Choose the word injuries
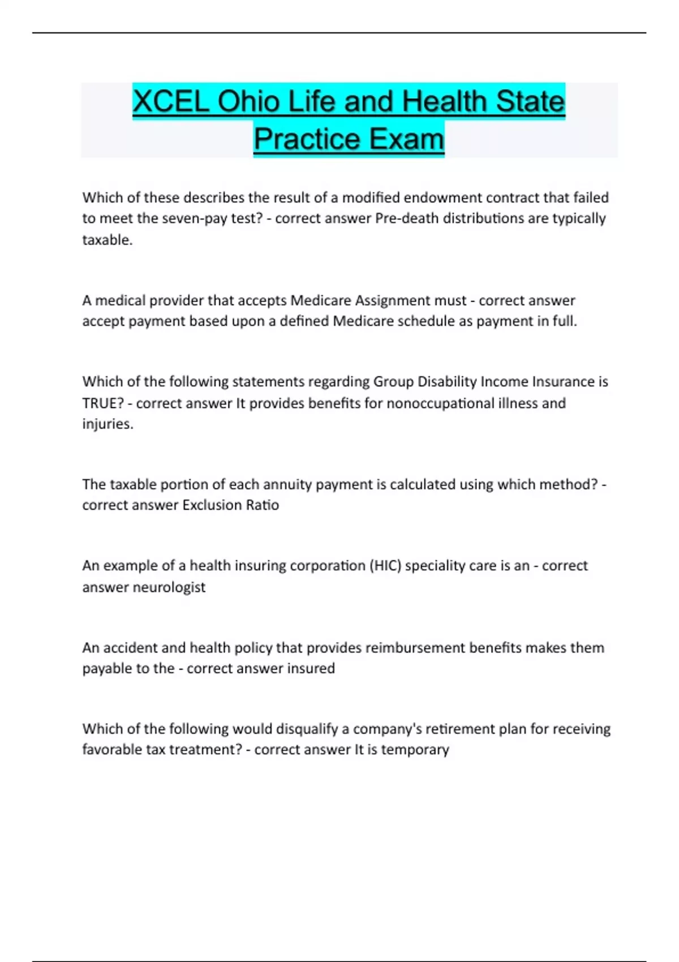coord(108,424)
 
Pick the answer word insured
coord(311,669)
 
